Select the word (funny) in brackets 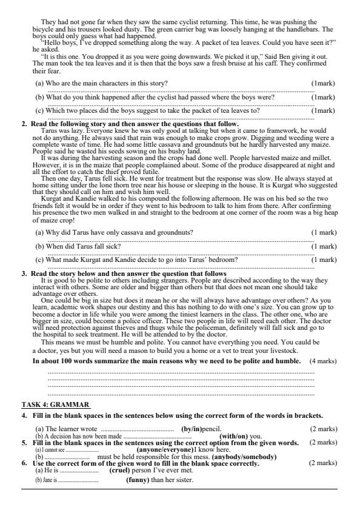point(141,480)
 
